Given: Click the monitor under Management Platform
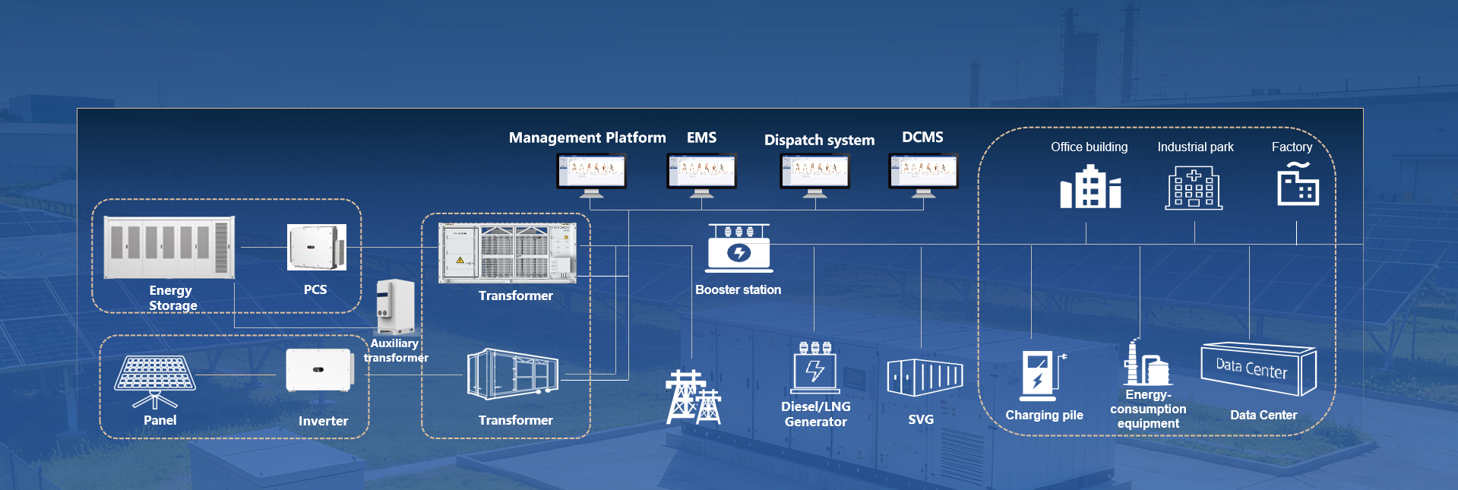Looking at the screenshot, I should click(591, 172).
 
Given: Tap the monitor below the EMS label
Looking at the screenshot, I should click(701, 172).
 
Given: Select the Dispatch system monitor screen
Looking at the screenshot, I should click(814, 172).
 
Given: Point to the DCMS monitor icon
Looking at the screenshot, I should click(923, 172).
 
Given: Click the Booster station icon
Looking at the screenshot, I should click(738, 248).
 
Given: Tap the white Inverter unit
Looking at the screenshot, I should click(319, 370).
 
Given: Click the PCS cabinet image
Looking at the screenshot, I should click(316, 247).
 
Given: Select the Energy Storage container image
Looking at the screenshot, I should click(169, 248).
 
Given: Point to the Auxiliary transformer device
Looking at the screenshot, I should click(396, 307).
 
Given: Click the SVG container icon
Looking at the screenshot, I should click(924, 378).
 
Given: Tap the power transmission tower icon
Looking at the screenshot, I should click(693, 397).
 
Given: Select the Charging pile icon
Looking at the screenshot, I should click(1041, 375).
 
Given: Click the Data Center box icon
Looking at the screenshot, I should click(1258, 369).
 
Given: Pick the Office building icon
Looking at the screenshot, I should click(1090, 187).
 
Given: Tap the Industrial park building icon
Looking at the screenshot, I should click(1194, 188).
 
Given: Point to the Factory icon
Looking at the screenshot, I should click(1297, 184).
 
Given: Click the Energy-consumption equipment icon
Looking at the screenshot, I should click(1146, 363).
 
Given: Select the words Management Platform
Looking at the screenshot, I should click(587, 138).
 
